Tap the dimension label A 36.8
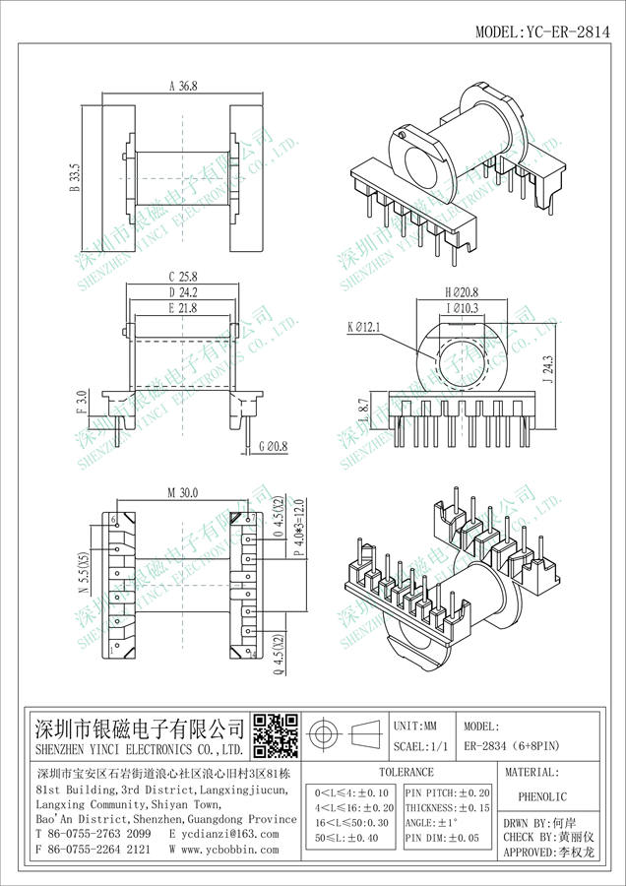pyautogui.click(x=184, y=87)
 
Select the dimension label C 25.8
pyautogui.click(x=184, y=277)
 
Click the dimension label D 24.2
pyautogui.click(x=184, y=292)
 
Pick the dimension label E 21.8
pyautogui.click(x=184, y=308)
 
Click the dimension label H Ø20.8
pyautogui.click(x=461, y=292)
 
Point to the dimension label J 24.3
pyautogui.click(x=548, y=370)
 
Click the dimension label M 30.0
pyautogui.click(x=184, y=492)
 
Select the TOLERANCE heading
pyautogui.click(x=406, y=773)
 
